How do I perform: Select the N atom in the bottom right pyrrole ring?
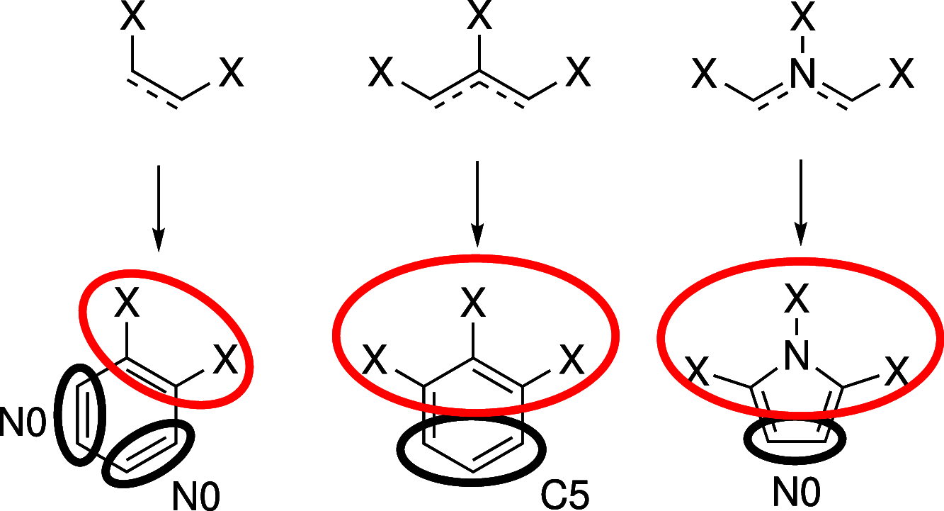click(x=798, y=359)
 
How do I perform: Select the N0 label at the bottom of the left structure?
click(x=196, y=496)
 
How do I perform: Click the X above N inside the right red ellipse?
click(x=798, y=302)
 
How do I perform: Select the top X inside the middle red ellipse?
click(x=473, y=305)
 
